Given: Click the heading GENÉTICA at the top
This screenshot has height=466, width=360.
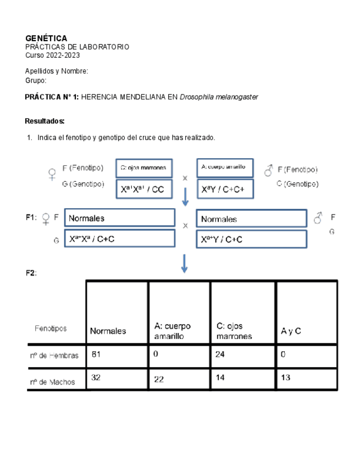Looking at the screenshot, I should pos(46,38).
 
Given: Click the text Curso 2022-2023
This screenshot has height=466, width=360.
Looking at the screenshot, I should pos(52,56).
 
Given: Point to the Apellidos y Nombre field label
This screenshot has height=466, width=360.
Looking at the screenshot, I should pos(57,71).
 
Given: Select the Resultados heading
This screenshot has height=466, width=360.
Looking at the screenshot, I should pos(45,121).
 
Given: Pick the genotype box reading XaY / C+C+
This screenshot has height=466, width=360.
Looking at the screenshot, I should pos(225,189).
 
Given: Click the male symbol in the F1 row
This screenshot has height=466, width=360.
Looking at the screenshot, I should pos(318,219).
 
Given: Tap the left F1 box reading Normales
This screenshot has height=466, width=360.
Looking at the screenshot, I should pos(119,218).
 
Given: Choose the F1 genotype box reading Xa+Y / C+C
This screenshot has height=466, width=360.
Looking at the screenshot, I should pos(251,239).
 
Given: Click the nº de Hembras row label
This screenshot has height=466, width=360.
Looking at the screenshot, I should pos(54,356).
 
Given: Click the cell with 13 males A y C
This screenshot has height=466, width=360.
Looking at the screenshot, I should pos(306,378).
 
